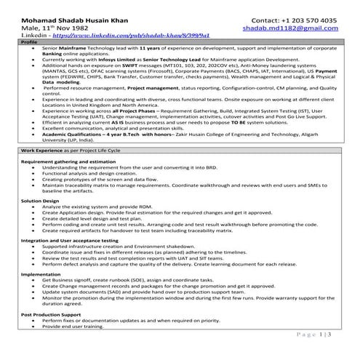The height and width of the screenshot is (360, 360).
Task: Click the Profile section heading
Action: tap(30, 42)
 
